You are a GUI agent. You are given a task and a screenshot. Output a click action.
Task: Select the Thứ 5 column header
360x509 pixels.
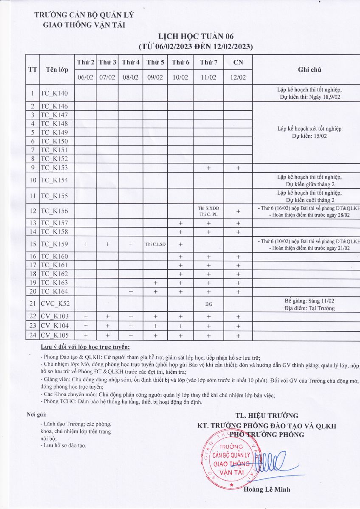click(x=155, y=62)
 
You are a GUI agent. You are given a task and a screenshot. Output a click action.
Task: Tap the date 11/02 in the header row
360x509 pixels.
click(x=208, y=77)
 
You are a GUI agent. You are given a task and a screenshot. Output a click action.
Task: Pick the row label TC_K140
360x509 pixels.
click(x=53, y=93)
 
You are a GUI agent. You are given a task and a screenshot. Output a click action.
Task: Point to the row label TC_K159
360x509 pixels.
click(x=53, y=244)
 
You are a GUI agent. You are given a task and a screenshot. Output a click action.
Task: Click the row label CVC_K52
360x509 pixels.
click(x=54, y=304)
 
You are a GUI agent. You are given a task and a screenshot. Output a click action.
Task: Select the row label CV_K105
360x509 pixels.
click(x=54, y=336)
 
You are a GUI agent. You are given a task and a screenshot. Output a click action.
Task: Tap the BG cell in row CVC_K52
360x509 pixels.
click(x=208, y=304)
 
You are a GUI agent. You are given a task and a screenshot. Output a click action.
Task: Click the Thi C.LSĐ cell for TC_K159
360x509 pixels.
click(x=155, y=244)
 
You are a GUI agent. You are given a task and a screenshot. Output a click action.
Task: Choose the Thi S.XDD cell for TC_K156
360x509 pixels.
click(x=208, y=208)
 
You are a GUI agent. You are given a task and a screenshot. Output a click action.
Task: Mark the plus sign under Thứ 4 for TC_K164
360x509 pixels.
click(x=131, y=291)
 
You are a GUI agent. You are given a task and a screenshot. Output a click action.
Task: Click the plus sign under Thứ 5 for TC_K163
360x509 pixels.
click(x=155, y=282)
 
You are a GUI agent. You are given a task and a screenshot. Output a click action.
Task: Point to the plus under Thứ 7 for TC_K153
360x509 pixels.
click(x=208, y=168)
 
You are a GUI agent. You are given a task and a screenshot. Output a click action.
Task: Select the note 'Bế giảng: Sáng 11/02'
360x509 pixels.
click(x=309, y=301)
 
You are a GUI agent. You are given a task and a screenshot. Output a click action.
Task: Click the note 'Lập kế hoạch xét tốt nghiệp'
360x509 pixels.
click(x=309, y=129)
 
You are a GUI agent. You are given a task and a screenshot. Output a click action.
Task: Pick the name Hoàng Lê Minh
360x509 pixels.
click(x=267, y=489)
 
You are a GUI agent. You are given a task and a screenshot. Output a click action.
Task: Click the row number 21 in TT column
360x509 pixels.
click(x=32, y=304)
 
